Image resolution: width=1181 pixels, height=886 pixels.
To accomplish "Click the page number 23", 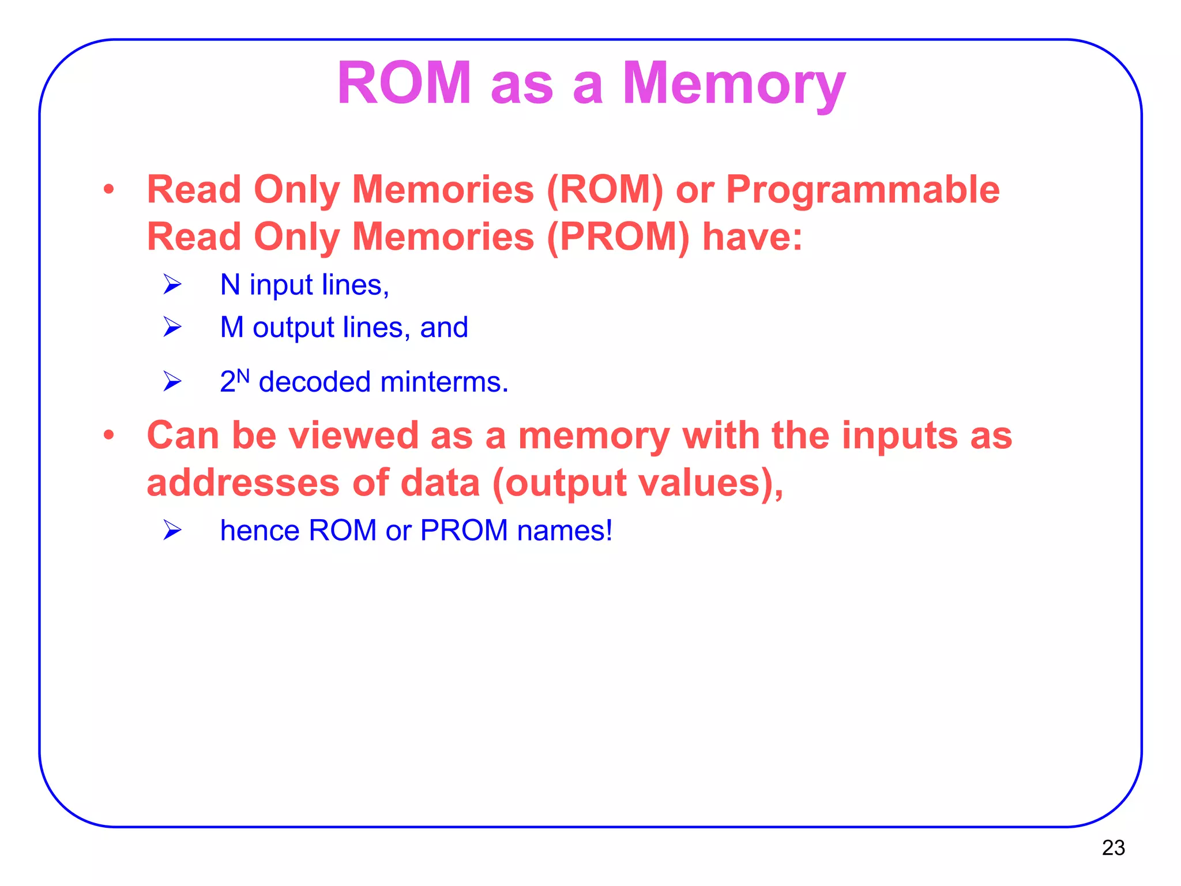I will [1113, 847].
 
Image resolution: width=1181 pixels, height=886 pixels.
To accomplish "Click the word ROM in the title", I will [404, 84].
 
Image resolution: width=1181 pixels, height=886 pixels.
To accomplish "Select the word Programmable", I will [863, 190].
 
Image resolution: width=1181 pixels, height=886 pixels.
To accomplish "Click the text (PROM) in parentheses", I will [618, 237].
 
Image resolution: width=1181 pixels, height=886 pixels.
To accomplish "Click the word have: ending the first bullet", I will [752, 237].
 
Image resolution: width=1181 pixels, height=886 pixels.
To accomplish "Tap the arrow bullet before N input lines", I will [172, 284].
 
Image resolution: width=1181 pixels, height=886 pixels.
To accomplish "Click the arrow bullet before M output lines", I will [172, 327].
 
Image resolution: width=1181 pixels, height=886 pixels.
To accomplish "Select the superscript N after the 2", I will [243, 376].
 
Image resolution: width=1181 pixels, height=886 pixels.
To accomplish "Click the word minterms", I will [444, 382].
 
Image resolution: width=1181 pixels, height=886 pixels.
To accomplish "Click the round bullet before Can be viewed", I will [108, 436].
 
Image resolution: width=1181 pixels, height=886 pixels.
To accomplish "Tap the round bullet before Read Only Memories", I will [108, 190].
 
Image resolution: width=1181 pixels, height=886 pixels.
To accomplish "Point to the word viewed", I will [353, 436].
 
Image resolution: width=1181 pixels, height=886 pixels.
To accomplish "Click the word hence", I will [259, 530].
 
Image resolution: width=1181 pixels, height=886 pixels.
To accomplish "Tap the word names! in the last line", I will [565, 530].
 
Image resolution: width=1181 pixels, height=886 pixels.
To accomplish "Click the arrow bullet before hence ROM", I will [172, 530].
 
